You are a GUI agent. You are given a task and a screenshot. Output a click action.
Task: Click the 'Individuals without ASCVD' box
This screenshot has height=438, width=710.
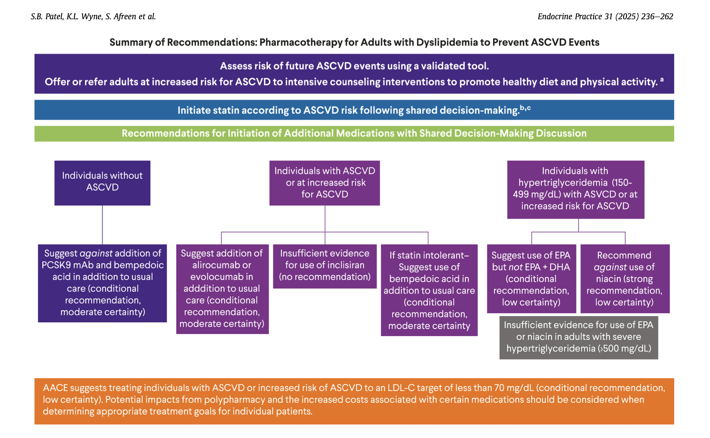tap(102, 183)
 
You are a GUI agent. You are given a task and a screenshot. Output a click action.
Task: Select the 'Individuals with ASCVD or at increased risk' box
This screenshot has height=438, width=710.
tap(324, 183)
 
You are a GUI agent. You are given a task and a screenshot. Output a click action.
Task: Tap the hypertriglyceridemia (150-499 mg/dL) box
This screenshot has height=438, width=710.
tap(575, 189)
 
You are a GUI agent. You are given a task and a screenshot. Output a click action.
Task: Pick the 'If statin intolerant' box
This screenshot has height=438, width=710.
tap(429, 290)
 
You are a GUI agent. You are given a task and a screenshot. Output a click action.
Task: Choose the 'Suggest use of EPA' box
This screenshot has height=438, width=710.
tap(531, 279)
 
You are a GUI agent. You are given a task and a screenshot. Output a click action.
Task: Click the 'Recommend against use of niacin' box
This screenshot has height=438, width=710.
tap(625, 279)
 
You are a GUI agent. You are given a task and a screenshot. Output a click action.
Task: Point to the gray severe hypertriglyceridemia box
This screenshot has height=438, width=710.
tap(578, 337)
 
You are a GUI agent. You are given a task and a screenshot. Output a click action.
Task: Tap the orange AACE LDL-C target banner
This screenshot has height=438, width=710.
tap(354, 401)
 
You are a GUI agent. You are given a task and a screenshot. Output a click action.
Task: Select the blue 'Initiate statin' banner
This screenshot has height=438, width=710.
tap(354, 110)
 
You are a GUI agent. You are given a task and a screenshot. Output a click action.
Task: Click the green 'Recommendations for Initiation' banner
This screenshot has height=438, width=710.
tap(354, 134)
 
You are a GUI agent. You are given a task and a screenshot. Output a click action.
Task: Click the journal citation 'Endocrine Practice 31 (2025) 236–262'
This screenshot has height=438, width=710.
tap(605, 16)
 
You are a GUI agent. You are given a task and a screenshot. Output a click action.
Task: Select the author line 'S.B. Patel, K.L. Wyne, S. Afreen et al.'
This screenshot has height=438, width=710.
tap(93, 16)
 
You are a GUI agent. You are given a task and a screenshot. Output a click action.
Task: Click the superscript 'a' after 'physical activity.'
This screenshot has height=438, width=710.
tap(662, 80)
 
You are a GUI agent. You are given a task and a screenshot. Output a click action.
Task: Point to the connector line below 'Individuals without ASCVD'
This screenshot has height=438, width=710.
tap(102, 225)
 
